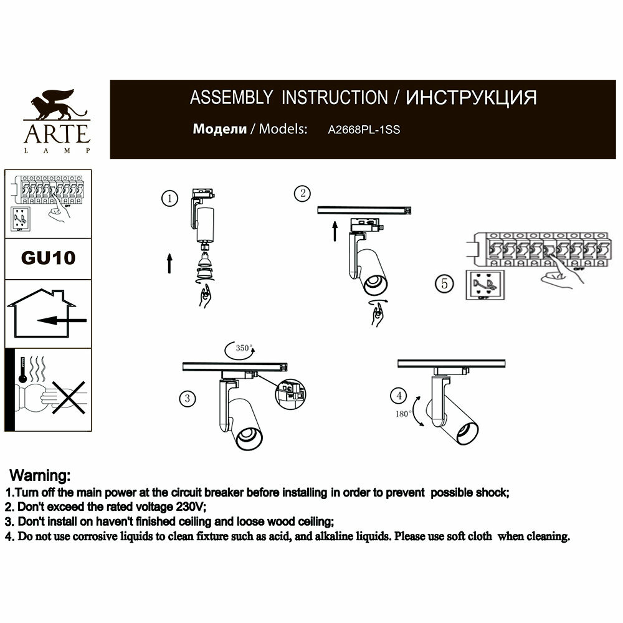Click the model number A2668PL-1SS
[364, 131]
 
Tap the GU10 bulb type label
[48, 258]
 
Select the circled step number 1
[168, 199]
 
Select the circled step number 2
[302, 194]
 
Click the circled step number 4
[398, 395]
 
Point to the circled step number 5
[444, 283]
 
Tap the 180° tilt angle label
[403, 414]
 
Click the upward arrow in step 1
[169, 264]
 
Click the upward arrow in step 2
[335, 231]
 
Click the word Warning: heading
[44, 477]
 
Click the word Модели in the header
[220, 130]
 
